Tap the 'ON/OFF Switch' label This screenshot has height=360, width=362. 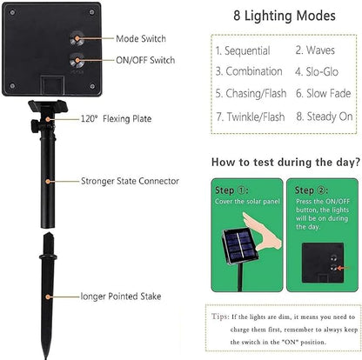tap(144, 60)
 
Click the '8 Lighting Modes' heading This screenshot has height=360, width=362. tap(285, 17)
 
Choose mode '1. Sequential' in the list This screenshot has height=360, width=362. tap(243, 51)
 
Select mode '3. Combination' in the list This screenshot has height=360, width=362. tap(249, 71)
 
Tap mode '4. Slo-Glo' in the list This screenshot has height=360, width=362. tap(319, 71)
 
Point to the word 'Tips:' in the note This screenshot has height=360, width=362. tap(221, 319)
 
